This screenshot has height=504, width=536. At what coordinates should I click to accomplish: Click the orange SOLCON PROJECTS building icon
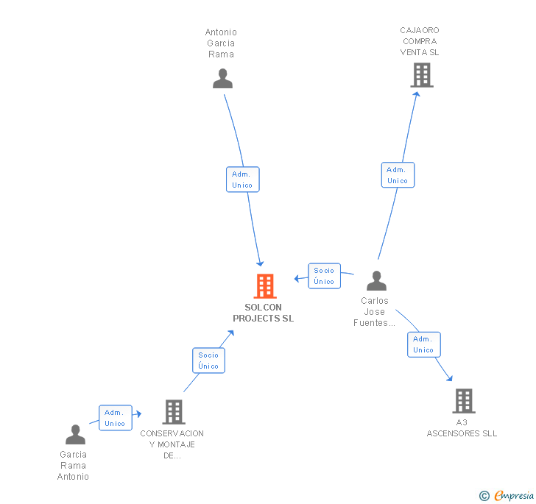pyautogui.click(x=264, y=285)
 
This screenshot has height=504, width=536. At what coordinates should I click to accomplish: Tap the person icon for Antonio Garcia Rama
pyautogui.click(x=222, y=79)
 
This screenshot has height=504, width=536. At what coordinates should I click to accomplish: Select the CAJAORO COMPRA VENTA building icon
pyautogui.click(x=421, y=75)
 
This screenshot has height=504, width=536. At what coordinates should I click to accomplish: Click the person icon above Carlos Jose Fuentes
pyautogui.click(x=376, y=281)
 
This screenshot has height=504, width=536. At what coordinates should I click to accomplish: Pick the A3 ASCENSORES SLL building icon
pyautogui.click(x=463, y=401)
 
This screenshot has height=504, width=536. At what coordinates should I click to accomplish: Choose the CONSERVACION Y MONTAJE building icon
pyautogui.click(x=174, y=412)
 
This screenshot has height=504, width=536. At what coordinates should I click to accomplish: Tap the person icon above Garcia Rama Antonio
pyautogui.click(x=75, y=435)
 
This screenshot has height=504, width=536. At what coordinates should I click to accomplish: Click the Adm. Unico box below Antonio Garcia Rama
pyautogui.click(x=242, y=180)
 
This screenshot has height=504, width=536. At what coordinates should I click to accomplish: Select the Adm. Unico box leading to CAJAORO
pyautogui.click(x=398, y=175)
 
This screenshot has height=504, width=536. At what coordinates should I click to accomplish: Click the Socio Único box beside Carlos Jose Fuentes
pyautogui.click(x=324, y=276)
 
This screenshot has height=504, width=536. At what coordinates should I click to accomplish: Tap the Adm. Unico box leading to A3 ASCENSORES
pyautogui.click(x=423, y=344)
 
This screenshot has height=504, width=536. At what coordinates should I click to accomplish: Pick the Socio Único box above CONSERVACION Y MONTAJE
pyautogui.click(x=208, y=361)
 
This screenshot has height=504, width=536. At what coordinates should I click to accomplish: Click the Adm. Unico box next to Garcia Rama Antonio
pyautogui.click(x=115, y=418)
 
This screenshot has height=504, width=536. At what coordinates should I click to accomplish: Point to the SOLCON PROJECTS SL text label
pyautogui.click(x=263, y=313)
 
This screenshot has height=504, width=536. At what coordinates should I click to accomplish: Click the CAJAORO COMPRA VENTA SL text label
pyautogui.click(x=420, y=41)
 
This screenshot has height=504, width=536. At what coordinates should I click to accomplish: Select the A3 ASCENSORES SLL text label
pyautogui.click(x=462, y=428)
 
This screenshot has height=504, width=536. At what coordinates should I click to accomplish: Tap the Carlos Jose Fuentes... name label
pyautogui.click(x=374, y=312)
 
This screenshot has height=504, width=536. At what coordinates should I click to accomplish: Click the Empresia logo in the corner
pyautogui.click(x=507, y=495)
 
